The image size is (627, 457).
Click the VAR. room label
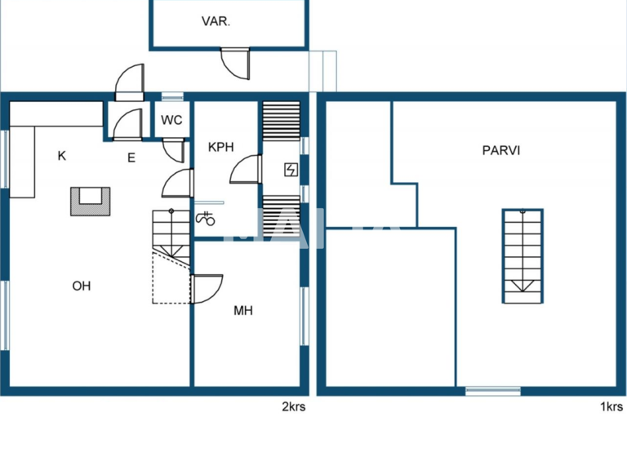(x=216, y=22)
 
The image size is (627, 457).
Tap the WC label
(x=171, y=120)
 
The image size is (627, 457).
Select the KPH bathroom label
(x=220, y=148)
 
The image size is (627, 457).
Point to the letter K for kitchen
(x=62, y=155)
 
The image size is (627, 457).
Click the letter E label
(x=131, y=158)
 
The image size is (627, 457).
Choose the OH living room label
(x=81, y=286)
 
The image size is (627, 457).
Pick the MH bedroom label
(x=243, y=310)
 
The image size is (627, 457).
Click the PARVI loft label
(x=501, y=150)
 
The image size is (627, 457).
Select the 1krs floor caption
(x=611, y=407)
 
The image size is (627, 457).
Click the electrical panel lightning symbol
(x=290, y=169)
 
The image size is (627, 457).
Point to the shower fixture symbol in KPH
(x=205, y=218)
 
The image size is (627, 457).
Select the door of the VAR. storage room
(x=238, y=63)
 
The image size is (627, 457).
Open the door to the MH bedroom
(x=207, y=288)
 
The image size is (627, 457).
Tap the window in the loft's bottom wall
(x=493, y=392)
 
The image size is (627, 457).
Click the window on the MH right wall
(x=305, y=314)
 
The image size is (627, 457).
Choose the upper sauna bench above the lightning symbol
(x=281, y=122)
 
